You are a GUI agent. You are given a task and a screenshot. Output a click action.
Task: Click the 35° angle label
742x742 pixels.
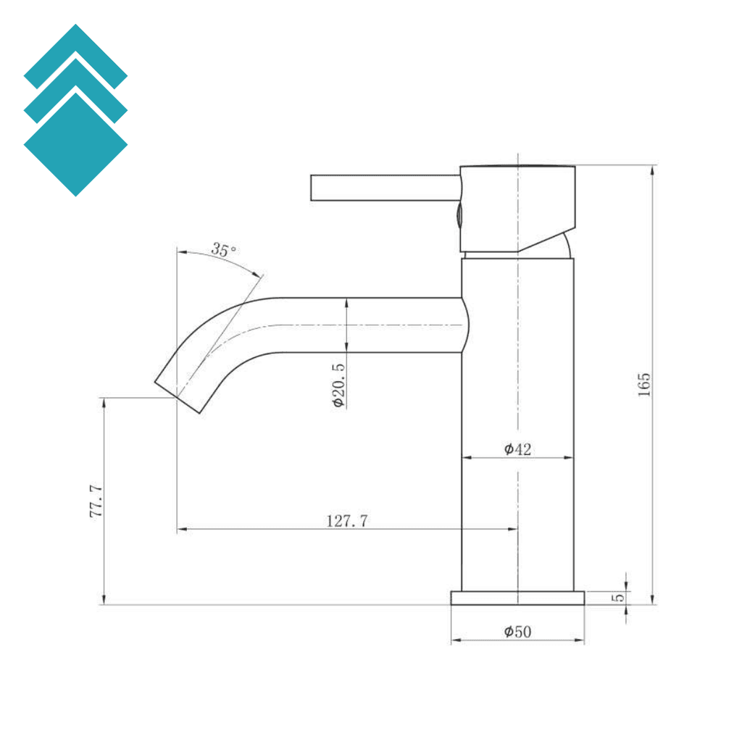pyautogui.click(x=224, y=251)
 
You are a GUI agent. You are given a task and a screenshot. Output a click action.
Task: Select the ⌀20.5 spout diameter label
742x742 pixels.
pyautogui.click(x=338, y=383)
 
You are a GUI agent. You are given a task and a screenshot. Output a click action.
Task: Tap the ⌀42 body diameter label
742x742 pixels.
pyautogui.click(x=518, y=449)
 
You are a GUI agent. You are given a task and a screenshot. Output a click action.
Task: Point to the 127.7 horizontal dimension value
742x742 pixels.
pyautogui.click(x=347, y=520)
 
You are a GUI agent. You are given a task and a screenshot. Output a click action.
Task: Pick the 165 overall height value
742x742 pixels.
pyautogui.click(x=644, y=384)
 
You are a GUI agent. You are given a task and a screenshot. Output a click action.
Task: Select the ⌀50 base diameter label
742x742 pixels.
pyautogui.click(x=518, y=632)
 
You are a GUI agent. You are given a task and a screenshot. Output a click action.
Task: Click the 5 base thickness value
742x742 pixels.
pyautogui.click(x=618, y=598)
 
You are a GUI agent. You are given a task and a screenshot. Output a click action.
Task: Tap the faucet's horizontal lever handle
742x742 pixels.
pyautogui.click(x=384, y=188)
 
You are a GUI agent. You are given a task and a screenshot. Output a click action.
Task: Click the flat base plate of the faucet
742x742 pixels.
pyautogui.click(x=517, y=598)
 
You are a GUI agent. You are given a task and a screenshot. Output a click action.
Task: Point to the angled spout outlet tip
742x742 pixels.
pyautogui.click(x=179, y=396)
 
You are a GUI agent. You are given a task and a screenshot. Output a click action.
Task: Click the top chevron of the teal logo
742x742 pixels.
pyautogui.click(x=75, y=54)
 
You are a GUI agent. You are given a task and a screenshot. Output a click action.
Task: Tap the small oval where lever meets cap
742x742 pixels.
pyautogui.click(x=459, y=214)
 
